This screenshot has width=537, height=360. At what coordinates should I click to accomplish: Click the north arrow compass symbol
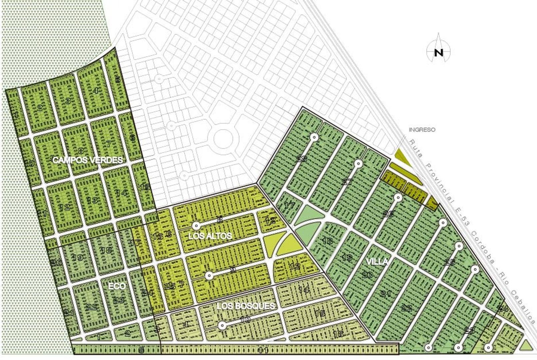click(439, 52)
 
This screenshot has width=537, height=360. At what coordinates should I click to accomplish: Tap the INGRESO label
click(422, 130)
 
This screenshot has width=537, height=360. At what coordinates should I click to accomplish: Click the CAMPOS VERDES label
click(88, 160)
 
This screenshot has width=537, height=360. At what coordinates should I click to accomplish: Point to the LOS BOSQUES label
click(246, 306)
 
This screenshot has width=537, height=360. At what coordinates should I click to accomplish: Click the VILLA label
click(377, 262)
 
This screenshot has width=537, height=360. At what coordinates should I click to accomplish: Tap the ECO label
click(117, 286)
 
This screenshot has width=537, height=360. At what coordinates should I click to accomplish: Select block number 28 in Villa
click(302, 159)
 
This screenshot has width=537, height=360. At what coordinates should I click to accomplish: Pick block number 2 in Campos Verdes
click(39, 108)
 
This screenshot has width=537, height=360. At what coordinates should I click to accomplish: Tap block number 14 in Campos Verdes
click(121, 193)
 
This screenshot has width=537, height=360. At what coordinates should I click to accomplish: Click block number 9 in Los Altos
click(233, 270)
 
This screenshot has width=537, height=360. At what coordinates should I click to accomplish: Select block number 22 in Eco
click(91, 307)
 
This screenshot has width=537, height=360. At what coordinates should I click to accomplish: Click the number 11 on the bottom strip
click(263, 350)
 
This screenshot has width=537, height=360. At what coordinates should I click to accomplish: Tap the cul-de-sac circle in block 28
click(313, 137)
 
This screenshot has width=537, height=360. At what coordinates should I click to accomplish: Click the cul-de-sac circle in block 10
click(221, 325)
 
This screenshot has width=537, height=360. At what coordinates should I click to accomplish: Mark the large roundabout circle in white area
click(222, 139)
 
